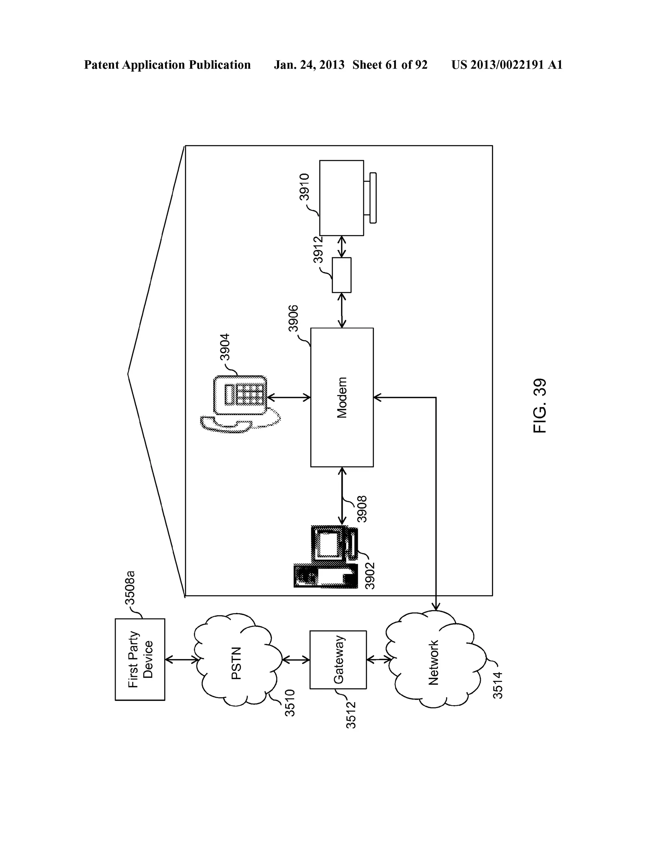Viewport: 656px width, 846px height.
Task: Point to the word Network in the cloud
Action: click(x=433, y=663)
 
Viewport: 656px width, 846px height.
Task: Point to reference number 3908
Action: click(x=362, y=509)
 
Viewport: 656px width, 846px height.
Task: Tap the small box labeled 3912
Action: click(x=341, y=275)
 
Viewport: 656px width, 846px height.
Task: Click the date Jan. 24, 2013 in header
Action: click(x=309, y=65)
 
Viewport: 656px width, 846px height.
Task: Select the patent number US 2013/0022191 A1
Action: click(x=506, y=65)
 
